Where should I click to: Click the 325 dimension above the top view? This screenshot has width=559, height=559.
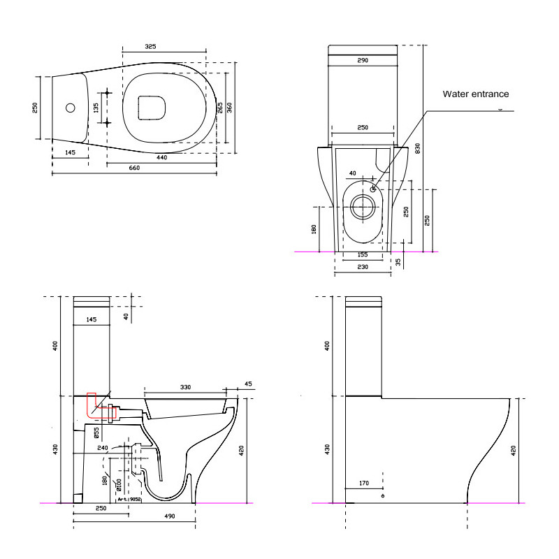point(151,47)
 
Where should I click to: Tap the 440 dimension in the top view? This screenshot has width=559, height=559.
point(162,158)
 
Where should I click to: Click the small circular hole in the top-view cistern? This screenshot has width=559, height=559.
point(69,108)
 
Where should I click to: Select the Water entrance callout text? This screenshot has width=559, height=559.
point(476,94)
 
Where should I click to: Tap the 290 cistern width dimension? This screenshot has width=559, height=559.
point(363,61)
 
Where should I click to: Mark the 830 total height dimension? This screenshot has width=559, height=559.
point(418,148)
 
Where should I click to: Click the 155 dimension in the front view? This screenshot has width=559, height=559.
point(363,255)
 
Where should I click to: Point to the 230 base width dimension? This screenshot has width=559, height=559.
point(363,268)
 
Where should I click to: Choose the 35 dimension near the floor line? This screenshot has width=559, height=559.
point(398,263)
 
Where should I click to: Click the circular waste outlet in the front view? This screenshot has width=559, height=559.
point(363,207)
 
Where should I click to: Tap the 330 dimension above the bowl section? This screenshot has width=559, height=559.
point(186,386)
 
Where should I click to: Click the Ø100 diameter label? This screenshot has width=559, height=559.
point(119,481)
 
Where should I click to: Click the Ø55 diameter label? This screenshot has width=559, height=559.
point(96,433)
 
